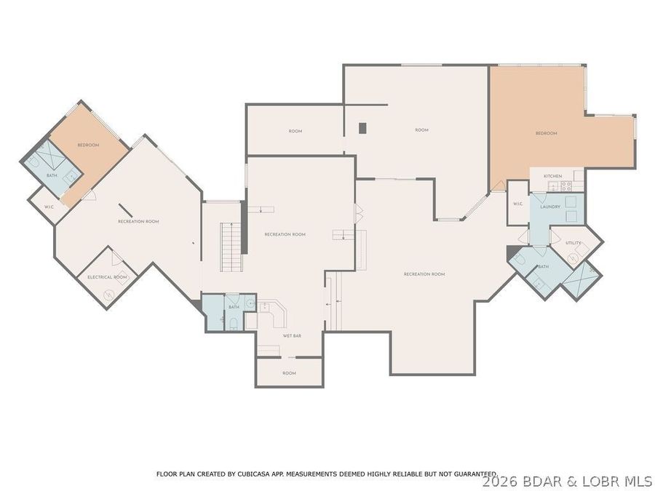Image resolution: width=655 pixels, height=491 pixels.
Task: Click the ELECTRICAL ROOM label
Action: coord(107,277)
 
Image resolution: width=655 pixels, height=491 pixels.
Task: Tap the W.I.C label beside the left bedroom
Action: coord(49,207)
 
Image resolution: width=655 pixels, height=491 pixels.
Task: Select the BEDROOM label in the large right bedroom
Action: coord(546,133)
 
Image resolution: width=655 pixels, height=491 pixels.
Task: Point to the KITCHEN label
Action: coord(552,177)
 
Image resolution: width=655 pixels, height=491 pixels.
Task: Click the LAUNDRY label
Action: coord(550,207)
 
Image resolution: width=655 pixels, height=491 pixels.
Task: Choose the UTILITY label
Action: coord(573,243)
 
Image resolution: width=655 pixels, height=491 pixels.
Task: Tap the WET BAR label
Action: coord(292,335)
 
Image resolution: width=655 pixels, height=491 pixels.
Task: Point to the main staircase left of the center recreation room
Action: coord(231,247)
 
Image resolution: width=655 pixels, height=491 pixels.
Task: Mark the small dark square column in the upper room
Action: coord(362,128)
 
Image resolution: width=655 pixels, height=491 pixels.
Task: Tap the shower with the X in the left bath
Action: coord(49,154)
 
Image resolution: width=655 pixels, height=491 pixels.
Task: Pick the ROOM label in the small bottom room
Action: coord(289,373)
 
